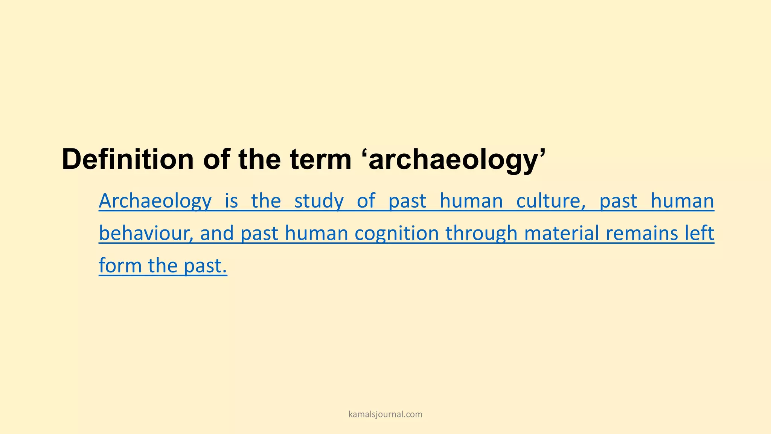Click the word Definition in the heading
(x=128, y=159)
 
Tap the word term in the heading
(x=321, y=159)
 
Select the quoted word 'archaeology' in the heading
(x=456, y=160)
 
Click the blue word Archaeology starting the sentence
(x=155, y=201)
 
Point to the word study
(x=319, y=201)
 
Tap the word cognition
(x=397, y=234)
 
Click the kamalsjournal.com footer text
(x=385, y=414)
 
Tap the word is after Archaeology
(x=231, y=201)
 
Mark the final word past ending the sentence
(x=205, y=266)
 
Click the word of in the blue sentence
(x=366, y=201)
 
